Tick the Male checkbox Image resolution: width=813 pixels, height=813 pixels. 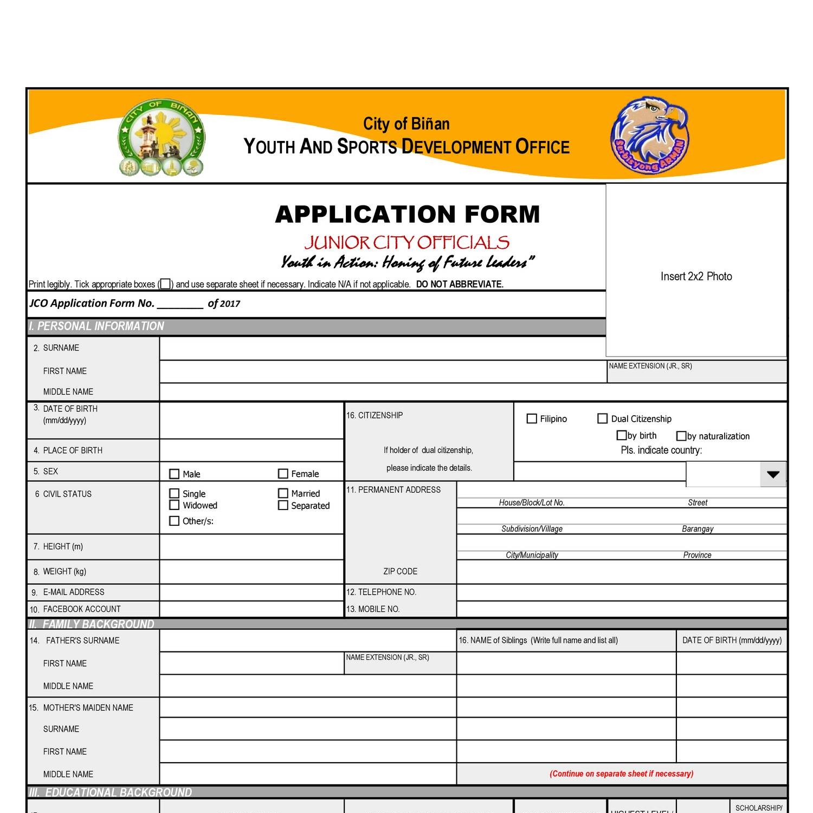(174, 474)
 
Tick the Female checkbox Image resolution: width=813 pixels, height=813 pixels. (282, 474)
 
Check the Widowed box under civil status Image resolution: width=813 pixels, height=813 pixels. (174, 505)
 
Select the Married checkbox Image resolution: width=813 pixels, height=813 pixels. (282, 493)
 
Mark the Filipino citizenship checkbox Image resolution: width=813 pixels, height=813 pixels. (532, 418)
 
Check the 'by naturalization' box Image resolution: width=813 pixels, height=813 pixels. (681, 436)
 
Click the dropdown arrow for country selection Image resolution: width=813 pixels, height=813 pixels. (773, 475)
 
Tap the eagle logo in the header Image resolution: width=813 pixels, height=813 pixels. (650, 135)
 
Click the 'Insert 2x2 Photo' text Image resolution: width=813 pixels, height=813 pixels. (696, 276)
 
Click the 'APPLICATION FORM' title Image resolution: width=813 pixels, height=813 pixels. (408, 214)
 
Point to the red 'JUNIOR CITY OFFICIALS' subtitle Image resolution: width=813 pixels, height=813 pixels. (406, 242)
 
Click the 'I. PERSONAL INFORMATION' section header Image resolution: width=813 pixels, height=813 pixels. (96, 326)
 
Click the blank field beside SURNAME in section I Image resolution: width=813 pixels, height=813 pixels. (382, 349)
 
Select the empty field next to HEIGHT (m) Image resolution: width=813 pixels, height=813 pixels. (251, 547)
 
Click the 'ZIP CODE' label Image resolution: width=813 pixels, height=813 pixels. (400, 571)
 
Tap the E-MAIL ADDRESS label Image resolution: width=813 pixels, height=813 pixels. (74, 592)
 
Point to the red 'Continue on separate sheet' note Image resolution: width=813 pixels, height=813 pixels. (621, 773)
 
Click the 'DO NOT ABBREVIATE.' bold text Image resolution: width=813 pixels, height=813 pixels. (460, 284)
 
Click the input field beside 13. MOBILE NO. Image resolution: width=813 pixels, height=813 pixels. (621, 609)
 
